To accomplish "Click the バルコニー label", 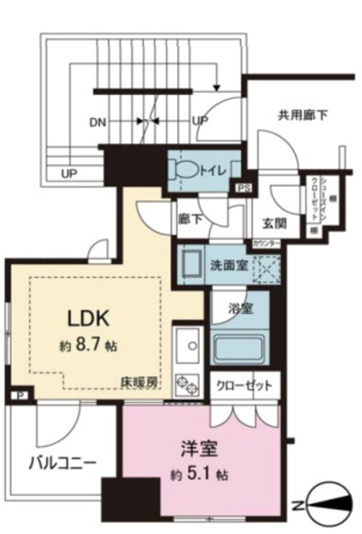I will [x=62, y=463].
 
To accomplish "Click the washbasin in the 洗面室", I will [x=191, y=263].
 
